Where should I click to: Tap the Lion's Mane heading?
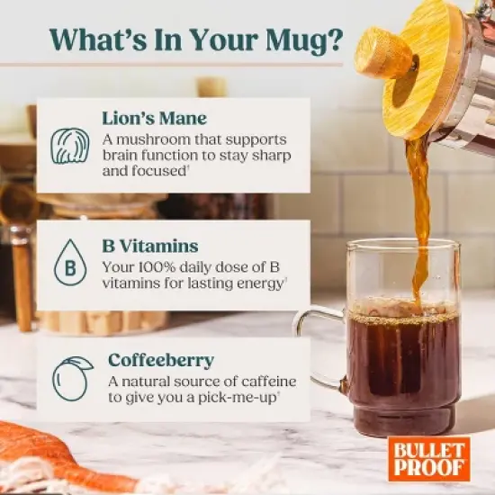155,119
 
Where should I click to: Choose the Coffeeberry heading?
161,360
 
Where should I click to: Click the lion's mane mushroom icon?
69,145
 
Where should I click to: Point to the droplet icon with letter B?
69,265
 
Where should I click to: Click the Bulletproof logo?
429,458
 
